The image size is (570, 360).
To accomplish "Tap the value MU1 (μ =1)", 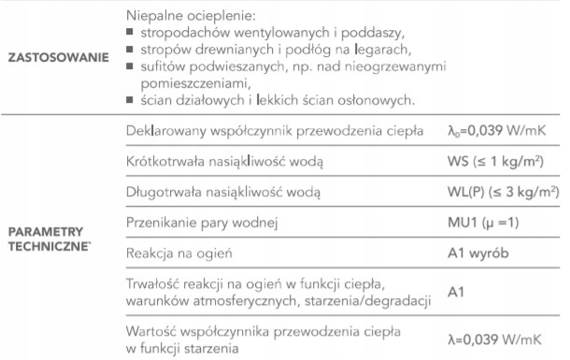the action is click(x=486, y=223).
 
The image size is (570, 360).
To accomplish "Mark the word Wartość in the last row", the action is click(x=150, y=332).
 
